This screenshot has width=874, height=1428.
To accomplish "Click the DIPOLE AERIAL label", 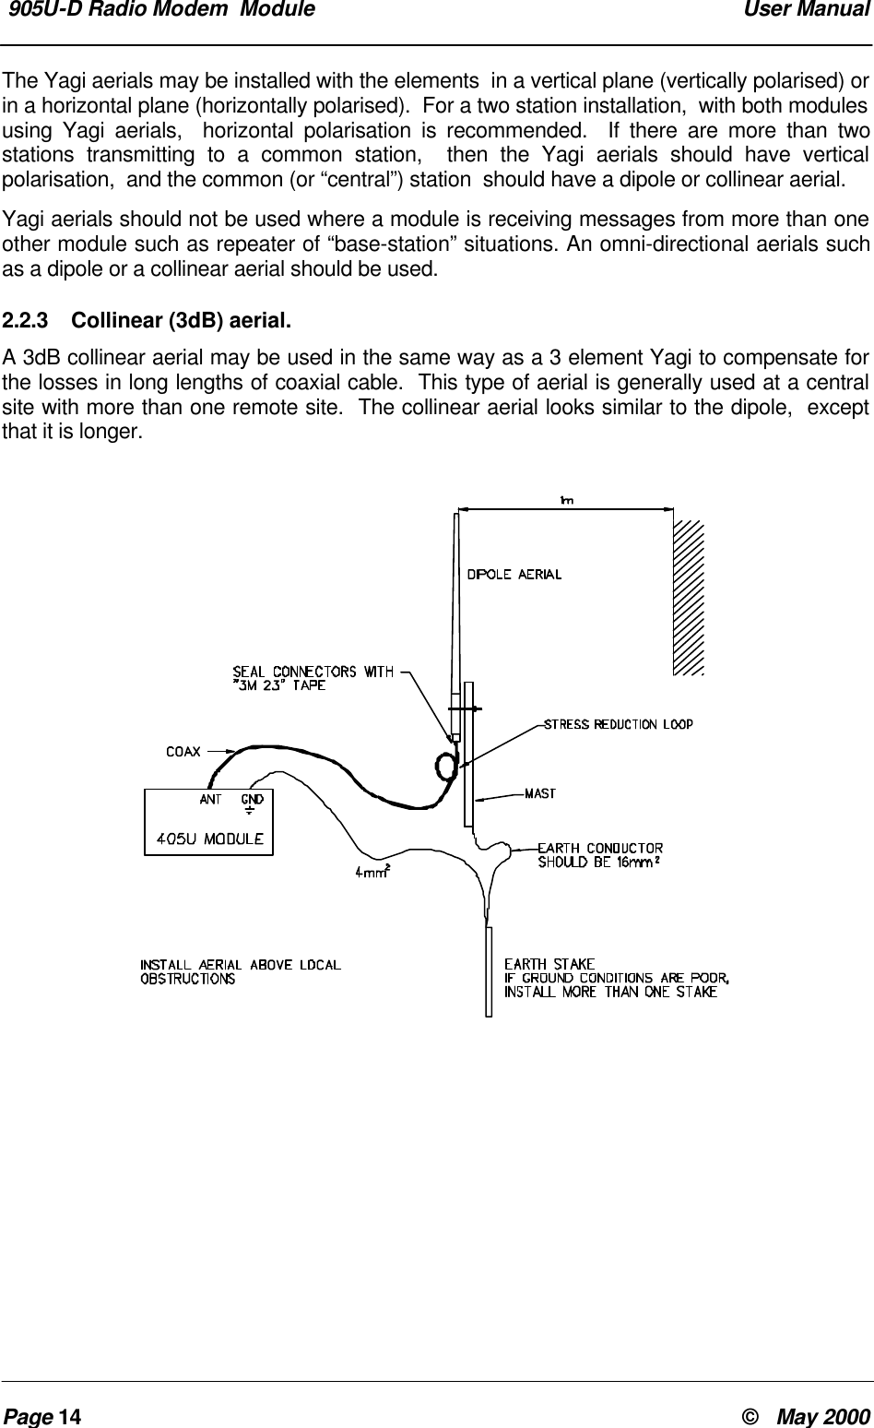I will coord(514,574).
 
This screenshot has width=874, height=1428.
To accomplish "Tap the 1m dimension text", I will coord(566,500).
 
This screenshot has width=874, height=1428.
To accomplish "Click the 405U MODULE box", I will coord(209,822).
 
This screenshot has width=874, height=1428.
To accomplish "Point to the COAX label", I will coord(183,752).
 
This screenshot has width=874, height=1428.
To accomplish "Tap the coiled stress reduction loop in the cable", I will coord(446,767).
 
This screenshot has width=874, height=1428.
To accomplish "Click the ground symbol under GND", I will coord(251,813).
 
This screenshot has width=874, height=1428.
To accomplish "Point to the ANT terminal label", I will coord(210,799).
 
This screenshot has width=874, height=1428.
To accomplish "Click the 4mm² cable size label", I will coord(372,870).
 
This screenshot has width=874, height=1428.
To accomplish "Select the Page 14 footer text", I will coord(42,1416).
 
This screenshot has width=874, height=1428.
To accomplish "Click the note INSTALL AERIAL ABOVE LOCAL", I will coord(241,965).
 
